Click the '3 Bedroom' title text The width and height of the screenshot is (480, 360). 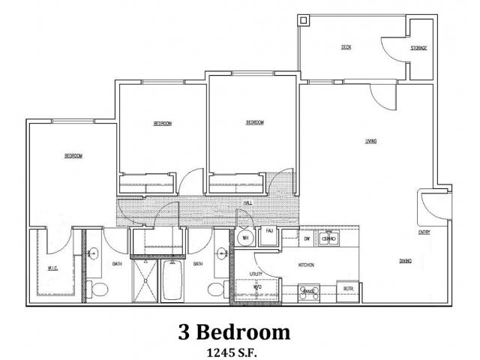(x=234, y=331)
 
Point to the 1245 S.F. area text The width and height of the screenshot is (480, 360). (x=234, y=349)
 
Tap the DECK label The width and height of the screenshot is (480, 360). (x=346, y=47)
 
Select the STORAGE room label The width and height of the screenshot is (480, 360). (x=418, y=48)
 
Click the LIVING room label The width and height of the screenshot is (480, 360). (x=370, y=141)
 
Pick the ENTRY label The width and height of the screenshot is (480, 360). (x=424, y=232)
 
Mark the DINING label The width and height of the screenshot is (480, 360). (x=406, y=262)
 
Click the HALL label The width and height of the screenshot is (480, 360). (x=247, y=203)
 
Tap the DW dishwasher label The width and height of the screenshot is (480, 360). (x=307, y=238)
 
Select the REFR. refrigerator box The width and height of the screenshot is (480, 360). (x=349, y=289)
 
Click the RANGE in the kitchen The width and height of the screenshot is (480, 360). (x=308, y=290)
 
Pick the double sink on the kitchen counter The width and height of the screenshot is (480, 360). (x=328, y=239)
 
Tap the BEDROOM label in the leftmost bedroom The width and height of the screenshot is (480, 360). (x=73, y=156)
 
